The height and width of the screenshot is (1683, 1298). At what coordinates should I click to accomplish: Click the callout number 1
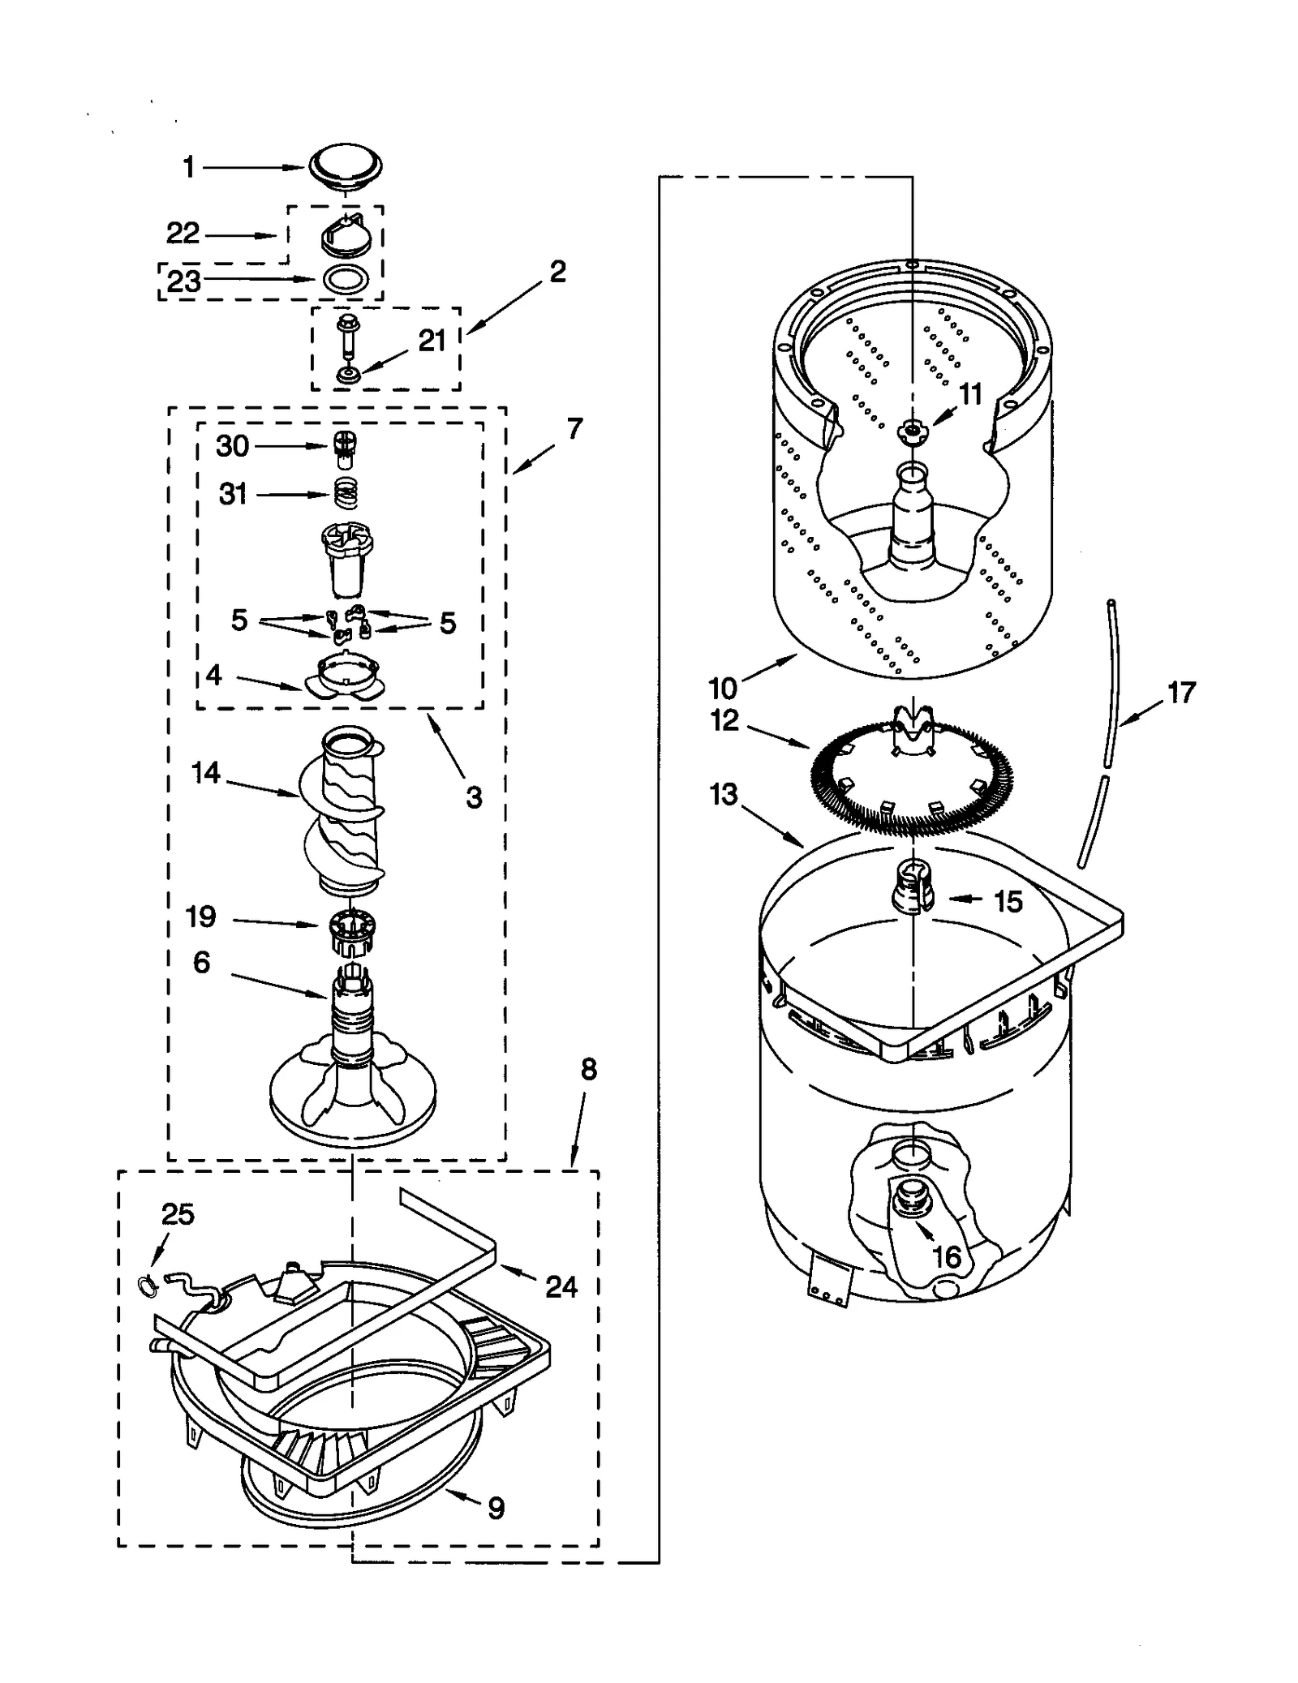[188, 168]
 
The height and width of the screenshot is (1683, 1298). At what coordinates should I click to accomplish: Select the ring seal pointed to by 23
[346, 279]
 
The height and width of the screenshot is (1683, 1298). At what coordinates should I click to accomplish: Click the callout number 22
[183, 234]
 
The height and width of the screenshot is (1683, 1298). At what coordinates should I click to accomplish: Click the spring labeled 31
[346, 492]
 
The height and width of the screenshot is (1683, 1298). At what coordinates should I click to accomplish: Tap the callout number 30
[233, 446]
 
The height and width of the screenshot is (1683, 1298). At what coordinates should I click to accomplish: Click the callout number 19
[200, 917]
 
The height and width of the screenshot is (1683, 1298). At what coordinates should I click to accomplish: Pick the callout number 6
[201, 963]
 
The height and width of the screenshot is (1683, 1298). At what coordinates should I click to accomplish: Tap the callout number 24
[561, 1286]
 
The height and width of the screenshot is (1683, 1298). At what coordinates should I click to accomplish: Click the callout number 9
[496, 1508]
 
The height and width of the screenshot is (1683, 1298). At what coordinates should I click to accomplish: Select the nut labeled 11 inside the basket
[913, 431]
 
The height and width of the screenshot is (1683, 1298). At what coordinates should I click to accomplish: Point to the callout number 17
[1181, 693]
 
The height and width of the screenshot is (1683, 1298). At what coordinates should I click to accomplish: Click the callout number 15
[1008, 901]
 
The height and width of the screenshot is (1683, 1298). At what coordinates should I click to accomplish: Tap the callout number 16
[946, 1257]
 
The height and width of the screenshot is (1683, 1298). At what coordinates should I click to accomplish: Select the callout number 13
[723, 794]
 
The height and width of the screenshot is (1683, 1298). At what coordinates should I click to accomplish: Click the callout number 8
[588, 1070]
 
